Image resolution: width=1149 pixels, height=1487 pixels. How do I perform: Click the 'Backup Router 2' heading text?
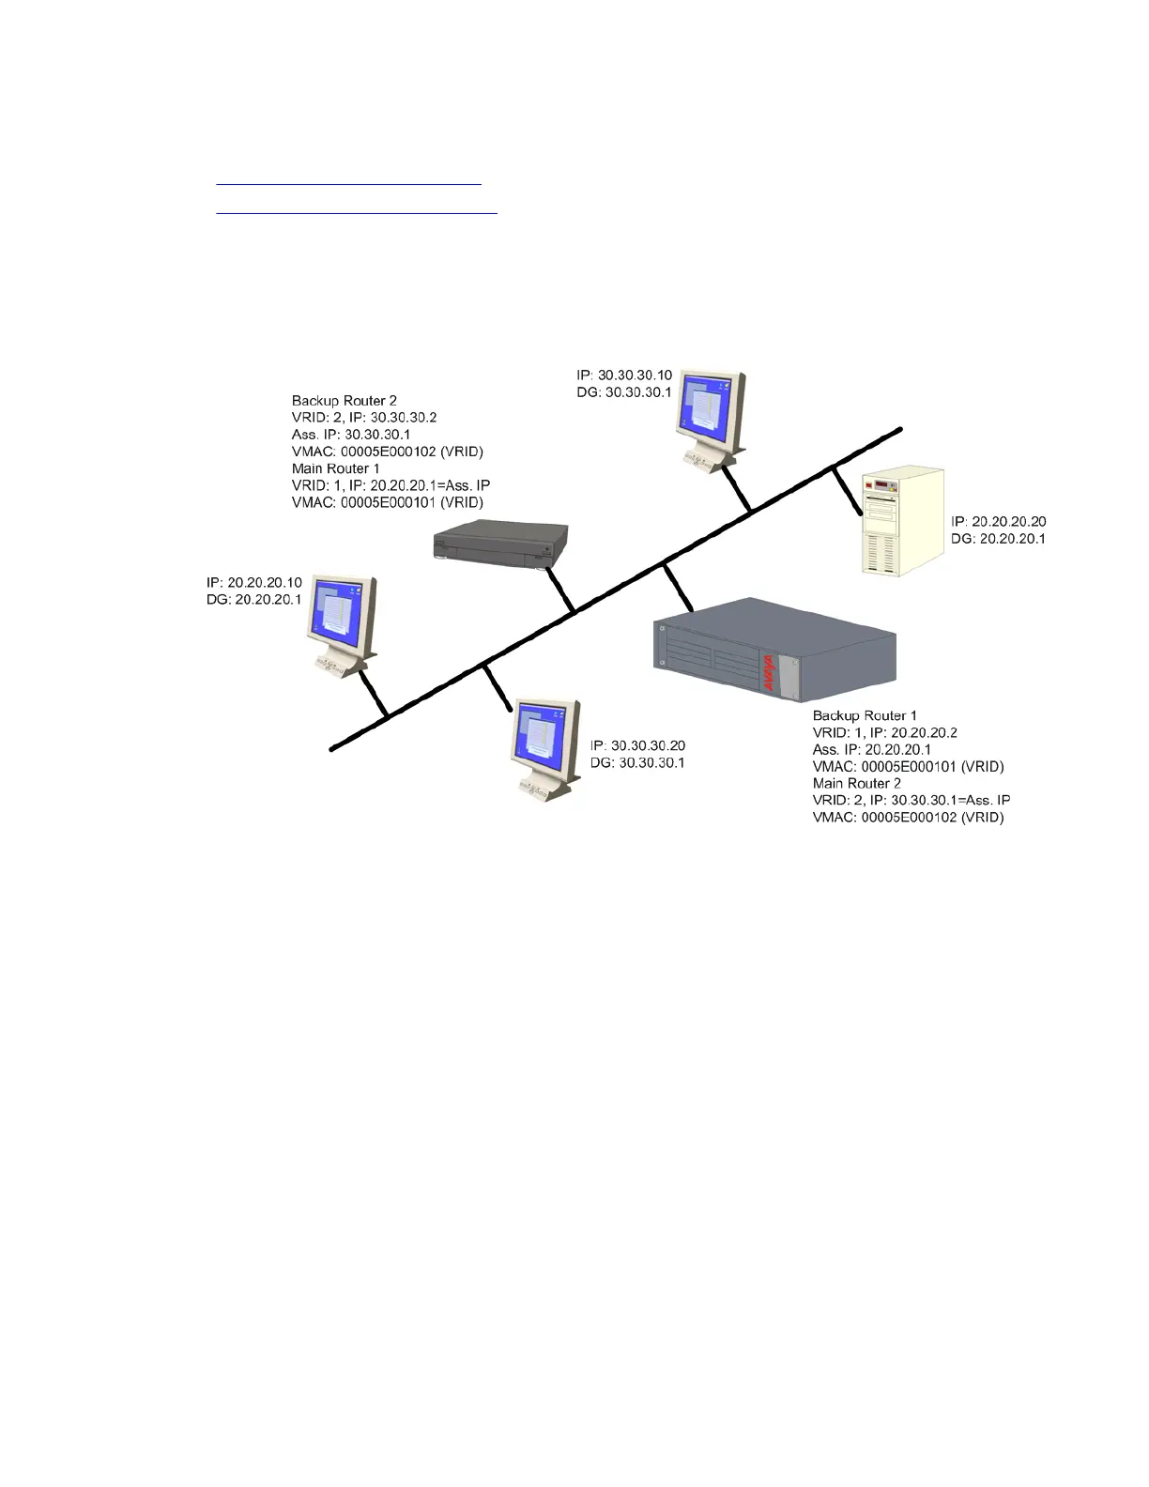(x=345, y=401)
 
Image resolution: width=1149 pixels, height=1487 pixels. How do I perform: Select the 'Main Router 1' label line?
(x=336, y=468)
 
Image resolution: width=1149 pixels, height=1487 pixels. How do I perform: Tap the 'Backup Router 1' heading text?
(x=865, y=715)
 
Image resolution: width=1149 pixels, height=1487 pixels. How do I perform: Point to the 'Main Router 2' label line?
(x=857, y=783)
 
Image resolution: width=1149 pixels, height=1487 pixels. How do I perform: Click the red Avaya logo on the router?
(x=768, y=672)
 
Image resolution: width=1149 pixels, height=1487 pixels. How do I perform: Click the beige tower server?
(x=903, y=520)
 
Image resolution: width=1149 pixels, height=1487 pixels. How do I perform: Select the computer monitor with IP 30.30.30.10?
(x=711, y=419)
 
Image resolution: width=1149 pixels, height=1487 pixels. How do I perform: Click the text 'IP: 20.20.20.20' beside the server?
(x=999, y=521)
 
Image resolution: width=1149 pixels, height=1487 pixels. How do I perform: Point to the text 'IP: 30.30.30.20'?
(x=637, y=745)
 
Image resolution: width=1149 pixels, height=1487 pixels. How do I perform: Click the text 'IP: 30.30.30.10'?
(x=624, y=375)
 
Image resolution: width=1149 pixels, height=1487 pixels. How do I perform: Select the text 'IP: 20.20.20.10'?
(x=254, y=582)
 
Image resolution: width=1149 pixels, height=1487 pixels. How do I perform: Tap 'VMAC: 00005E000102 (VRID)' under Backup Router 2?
(x=388, y=452)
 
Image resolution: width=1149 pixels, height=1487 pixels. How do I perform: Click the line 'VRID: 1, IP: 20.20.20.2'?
(x=885, y=732)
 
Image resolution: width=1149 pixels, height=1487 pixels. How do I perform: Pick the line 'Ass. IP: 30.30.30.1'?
(x=351, y=435)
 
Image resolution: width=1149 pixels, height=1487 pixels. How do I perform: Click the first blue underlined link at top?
(x=348, y=185)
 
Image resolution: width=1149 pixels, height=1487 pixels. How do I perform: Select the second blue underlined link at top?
(x=356, y=213)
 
